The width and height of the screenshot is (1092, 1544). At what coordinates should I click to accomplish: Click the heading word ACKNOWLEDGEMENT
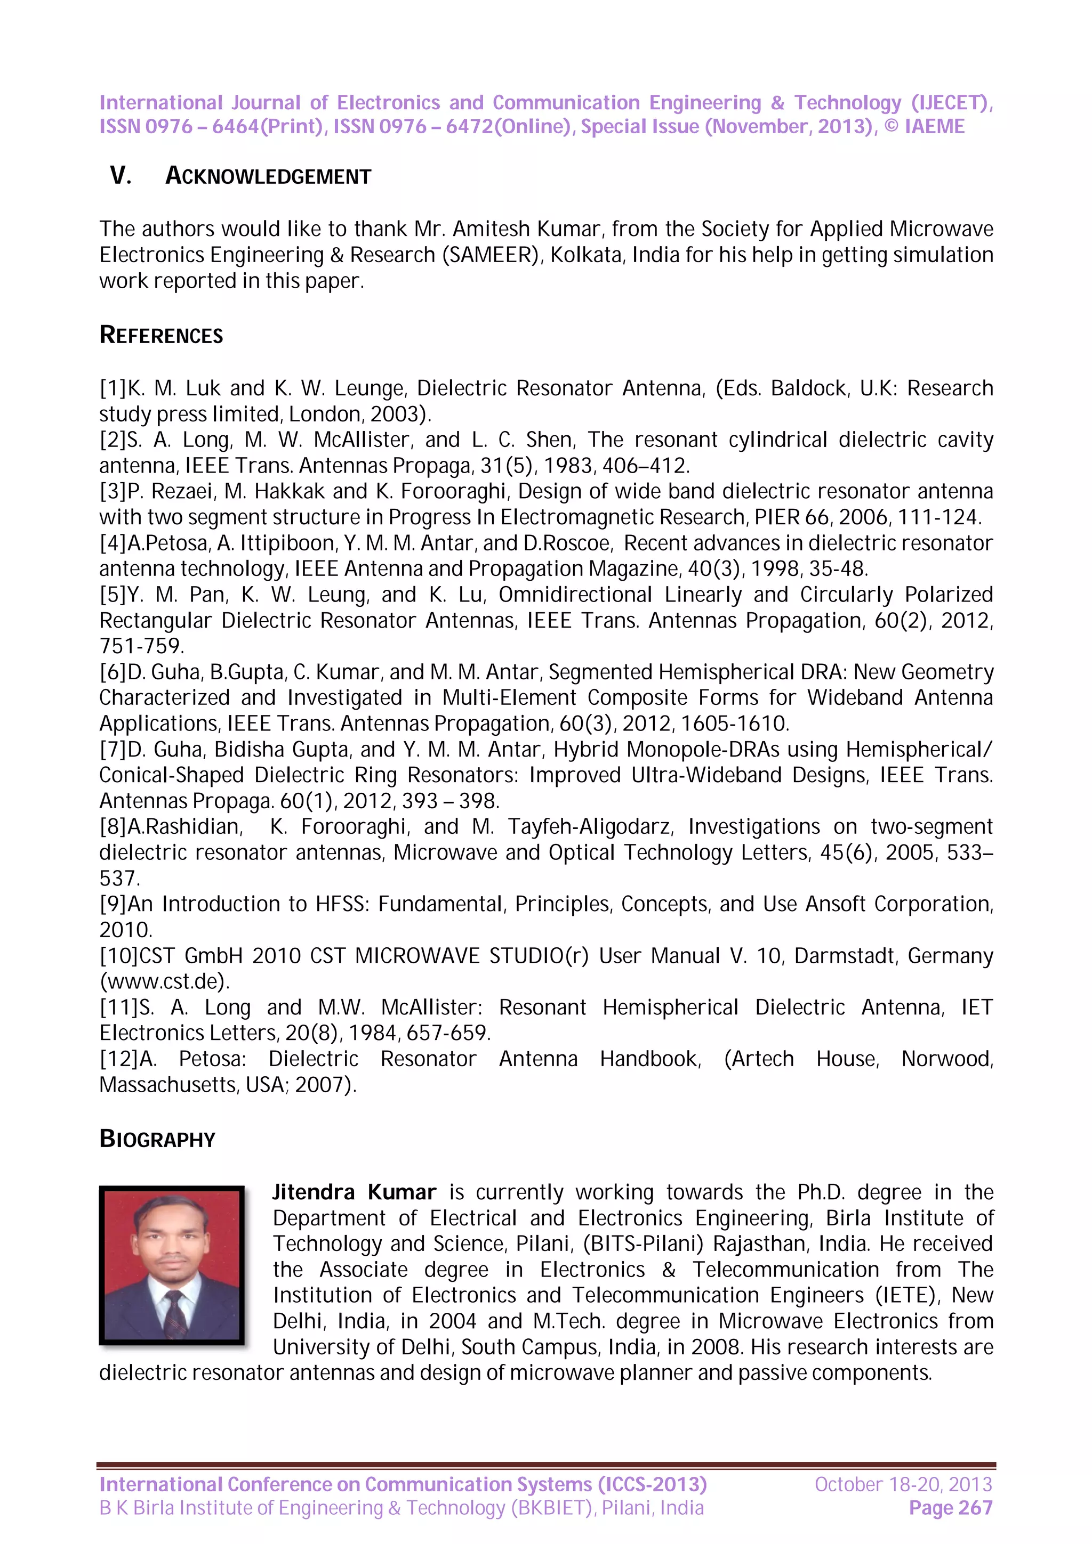click(x=268, y=176)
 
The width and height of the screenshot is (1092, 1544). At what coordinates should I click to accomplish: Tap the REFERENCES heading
click(x=161, y=335)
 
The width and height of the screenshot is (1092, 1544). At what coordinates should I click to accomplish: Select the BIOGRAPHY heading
click(x=157, y=1139)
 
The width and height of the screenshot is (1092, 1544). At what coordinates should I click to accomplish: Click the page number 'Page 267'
click(x=950, y=1508)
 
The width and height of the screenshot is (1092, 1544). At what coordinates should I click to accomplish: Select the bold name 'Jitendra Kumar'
click(x=354, y=1192)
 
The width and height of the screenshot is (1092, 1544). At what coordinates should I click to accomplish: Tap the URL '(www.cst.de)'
click(x=165, y=981)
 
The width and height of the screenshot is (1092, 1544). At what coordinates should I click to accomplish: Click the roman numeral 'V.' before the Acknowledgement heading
click(x=121, y=176)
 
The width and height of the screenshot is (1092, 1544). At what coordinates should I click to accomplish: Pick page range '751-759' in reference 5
click(x=141, y=646)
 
